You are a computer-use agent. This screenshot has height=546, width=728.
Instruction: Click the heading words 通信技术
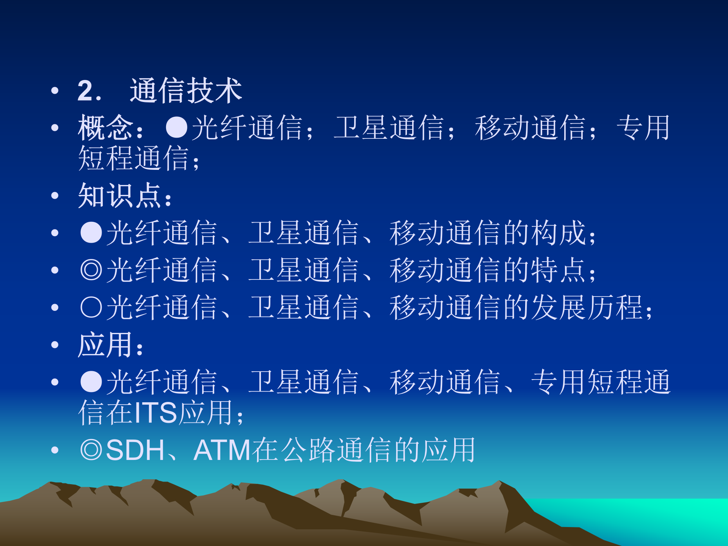coord(186,91)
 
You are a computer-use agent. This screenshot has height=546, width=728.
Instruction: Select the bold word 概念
coord(105,128)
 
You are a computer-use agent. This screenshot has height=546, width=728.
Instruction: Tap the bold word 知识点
coord(119,196)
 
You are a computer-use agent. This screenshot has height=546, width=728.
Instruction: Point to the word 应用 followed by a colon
coord(105,345)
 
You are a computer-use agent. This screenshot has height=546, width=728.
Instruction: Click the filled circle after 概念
coord(177,127)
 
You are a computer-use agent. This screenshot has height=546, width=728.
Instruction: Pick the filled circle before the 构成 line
coord(91,232)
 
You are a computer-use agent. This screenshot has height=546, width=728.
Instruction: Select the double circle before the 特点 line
coord(91,270)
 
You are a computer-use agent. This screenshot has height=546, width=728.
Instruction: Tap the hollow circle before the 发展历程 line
coord(91,307)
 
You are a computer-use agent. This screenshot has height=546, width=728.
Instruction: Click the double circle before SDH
coord(91,450)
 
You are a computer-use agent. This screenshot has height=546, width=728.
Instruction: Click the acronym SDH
coord(135,450)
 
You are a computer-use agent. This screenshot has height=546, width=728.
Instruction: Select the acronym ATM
coord(222,450)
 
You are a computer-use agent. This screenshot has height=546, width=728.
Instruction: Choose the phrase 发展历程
coord(587,307)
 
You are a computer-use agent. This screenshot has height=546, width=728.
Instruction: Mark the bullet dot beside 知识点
coord(55,196)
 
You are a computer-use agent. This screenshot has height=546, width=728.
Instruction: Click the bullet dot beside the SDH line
coord(55,450)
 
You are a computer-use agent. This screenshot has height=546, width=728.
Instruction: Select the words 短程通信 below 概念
coord(133,158)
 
